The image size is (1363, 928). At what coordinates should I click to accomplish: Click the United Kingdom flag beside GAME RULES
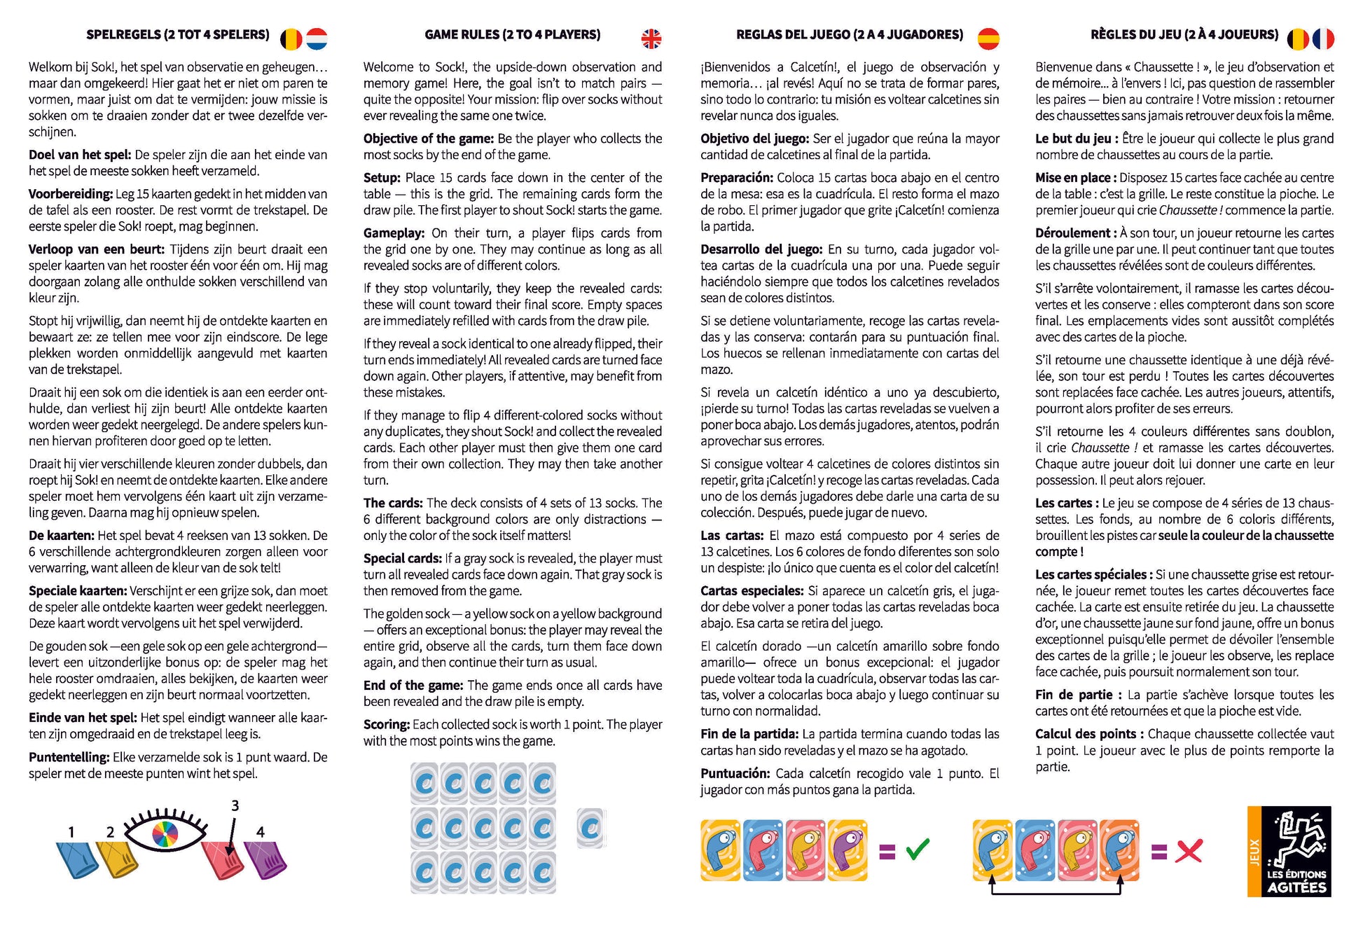651,39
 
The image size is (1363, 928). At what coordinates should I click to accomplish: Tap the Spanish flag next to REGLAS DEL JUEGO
988,39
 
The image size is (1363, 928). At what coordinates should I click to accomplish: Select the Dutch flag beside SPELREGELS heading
317,39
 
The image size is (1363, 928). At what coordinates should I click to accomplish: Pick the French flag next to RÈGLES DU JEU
1323,39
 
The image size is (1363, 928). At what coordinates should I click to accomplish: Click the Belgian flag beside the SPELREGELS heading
291,39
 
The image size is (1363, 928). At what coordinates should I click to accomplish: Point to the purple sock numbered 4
265,860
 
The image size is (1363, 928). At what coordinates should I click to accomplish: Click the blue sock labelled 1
76,860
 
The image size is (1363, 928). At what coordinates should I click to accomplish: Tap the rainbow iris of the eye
165,834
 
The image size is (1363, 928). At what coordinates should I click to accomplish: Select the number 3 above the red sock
235,805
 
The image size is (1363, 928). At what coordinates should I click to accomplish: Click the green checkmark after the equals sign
918,850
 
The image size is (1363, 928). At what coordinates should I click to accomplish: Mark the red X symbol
1189,851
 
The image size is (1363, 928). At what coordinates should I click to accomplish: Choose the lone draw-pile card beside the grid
591,828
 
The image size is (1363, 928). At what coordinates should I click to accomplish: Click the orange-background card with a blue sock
1119,850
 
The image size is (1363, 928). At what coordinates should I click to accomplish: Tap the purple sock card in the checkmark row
847,850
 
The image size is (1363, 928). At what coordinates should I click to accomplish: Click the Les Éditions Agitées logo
1289,851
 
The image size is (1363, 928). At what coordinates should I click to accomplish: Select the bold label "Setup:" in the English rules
382,178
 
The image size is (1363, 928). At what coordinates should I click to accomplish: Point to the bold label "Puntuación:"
735,773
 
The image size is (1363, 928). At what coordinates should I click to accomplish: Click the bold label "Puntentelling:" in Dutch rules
69,757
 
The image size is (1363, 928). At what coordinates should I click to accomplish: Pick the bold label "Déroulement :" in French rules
1076,233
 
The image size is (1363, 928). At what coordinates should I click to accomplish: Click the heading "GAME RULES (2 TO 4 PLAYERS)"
512,34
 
